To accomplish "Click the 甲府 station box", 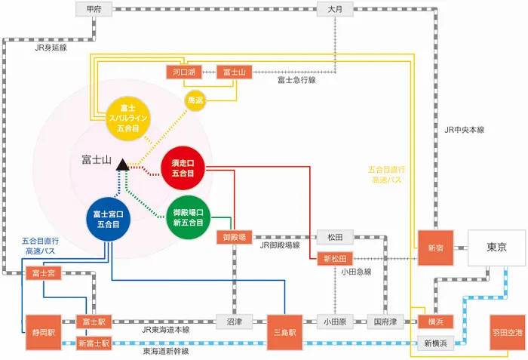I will (94, 9).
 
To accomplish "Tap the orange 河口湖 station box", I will (181, 72).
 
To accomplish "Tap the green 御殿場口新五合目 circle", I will (188, 217).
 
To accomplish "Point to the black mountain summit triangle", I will (122, 165).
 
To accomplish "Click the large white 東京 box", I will (496, 247).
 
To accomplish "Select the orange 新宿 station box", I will (436, 248).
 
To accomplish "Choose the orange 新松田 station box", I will (334, 259).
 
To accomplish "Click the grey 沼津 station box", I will (234, 321).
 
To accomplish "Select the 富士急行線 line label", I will (296, 79).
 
